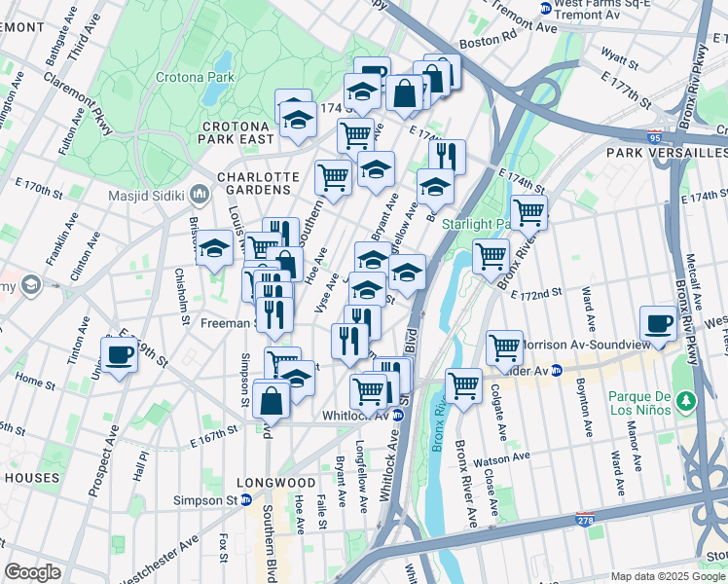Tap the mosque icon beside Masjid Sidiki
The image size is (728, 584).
point(199,195)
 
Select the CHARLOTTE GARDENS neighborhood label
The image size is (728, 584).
point(258,183)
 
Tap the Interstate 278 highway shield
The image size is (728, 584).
point(585,522)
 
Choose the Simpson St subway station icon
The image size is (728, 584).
point(246,500)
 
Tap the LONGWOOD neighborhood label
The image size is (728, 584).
point(277,483)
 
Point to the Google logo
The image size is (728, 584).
point(32,571)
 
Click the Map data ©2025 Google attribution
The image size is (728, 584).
point(668,575)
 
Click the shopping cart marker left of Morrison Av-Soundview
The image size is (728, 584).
point(504,347)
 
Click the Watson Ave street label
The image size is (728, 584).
point(503,456)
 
